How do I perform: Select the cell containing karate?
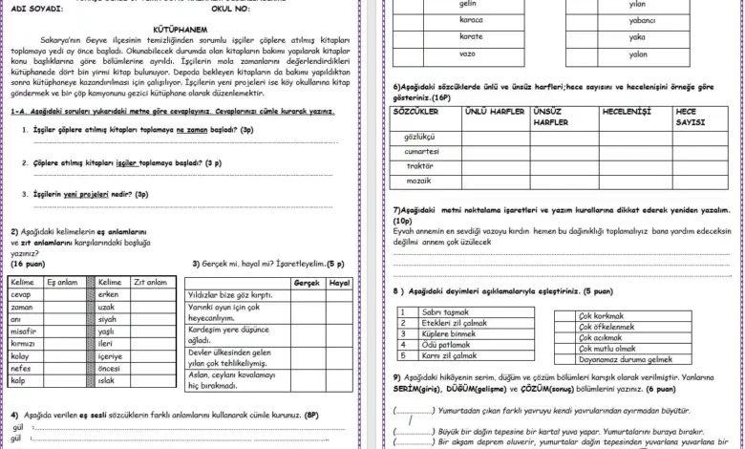click(x=471, y=36)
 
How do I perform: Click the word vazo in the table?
click(x=467, y=54)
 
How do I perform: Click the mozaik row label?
click(x=419, y=181)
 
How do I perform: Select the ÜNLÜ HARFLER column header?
click(x=494, y=112)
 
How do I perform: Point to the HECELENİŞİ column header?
click(x=627, y=112)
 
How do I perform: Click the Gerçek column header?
click(x=306, y=284)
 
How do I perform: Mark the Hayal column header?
click(x=338, y=284)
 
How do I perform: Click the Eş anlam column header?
click(x=63, y=283)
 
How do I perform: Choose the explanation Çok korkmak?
click(x=602, y=316)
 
